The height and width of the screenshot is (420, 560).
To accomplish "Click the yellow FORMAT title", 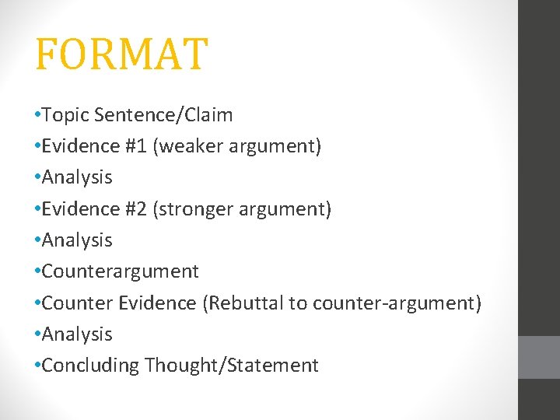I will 121,54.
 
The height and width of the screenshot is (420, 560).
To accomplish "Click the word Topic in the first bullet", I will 65,115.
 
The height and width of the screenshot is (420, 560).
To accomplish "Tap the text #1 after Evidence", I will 137,146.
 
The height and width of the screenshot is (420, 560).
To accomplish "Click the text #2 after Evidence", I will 137,209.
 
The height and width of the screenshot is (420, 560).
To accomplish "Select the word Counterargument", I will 120,271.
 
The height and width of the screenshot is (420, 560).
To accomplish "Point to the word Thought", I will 183,366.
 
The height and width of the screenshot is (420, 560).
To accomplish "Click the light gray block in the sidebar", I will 539,357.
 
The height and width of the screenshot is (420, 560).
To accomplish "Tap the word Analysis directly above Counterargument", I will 77,240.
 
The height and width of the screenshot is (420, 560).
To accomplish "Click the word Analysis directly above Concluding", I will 77,334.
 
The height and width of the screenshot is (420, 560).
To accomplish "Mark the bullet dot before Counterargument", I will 37,272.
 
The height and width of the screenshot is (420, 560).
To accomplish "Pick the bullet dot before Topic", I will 37,116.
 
